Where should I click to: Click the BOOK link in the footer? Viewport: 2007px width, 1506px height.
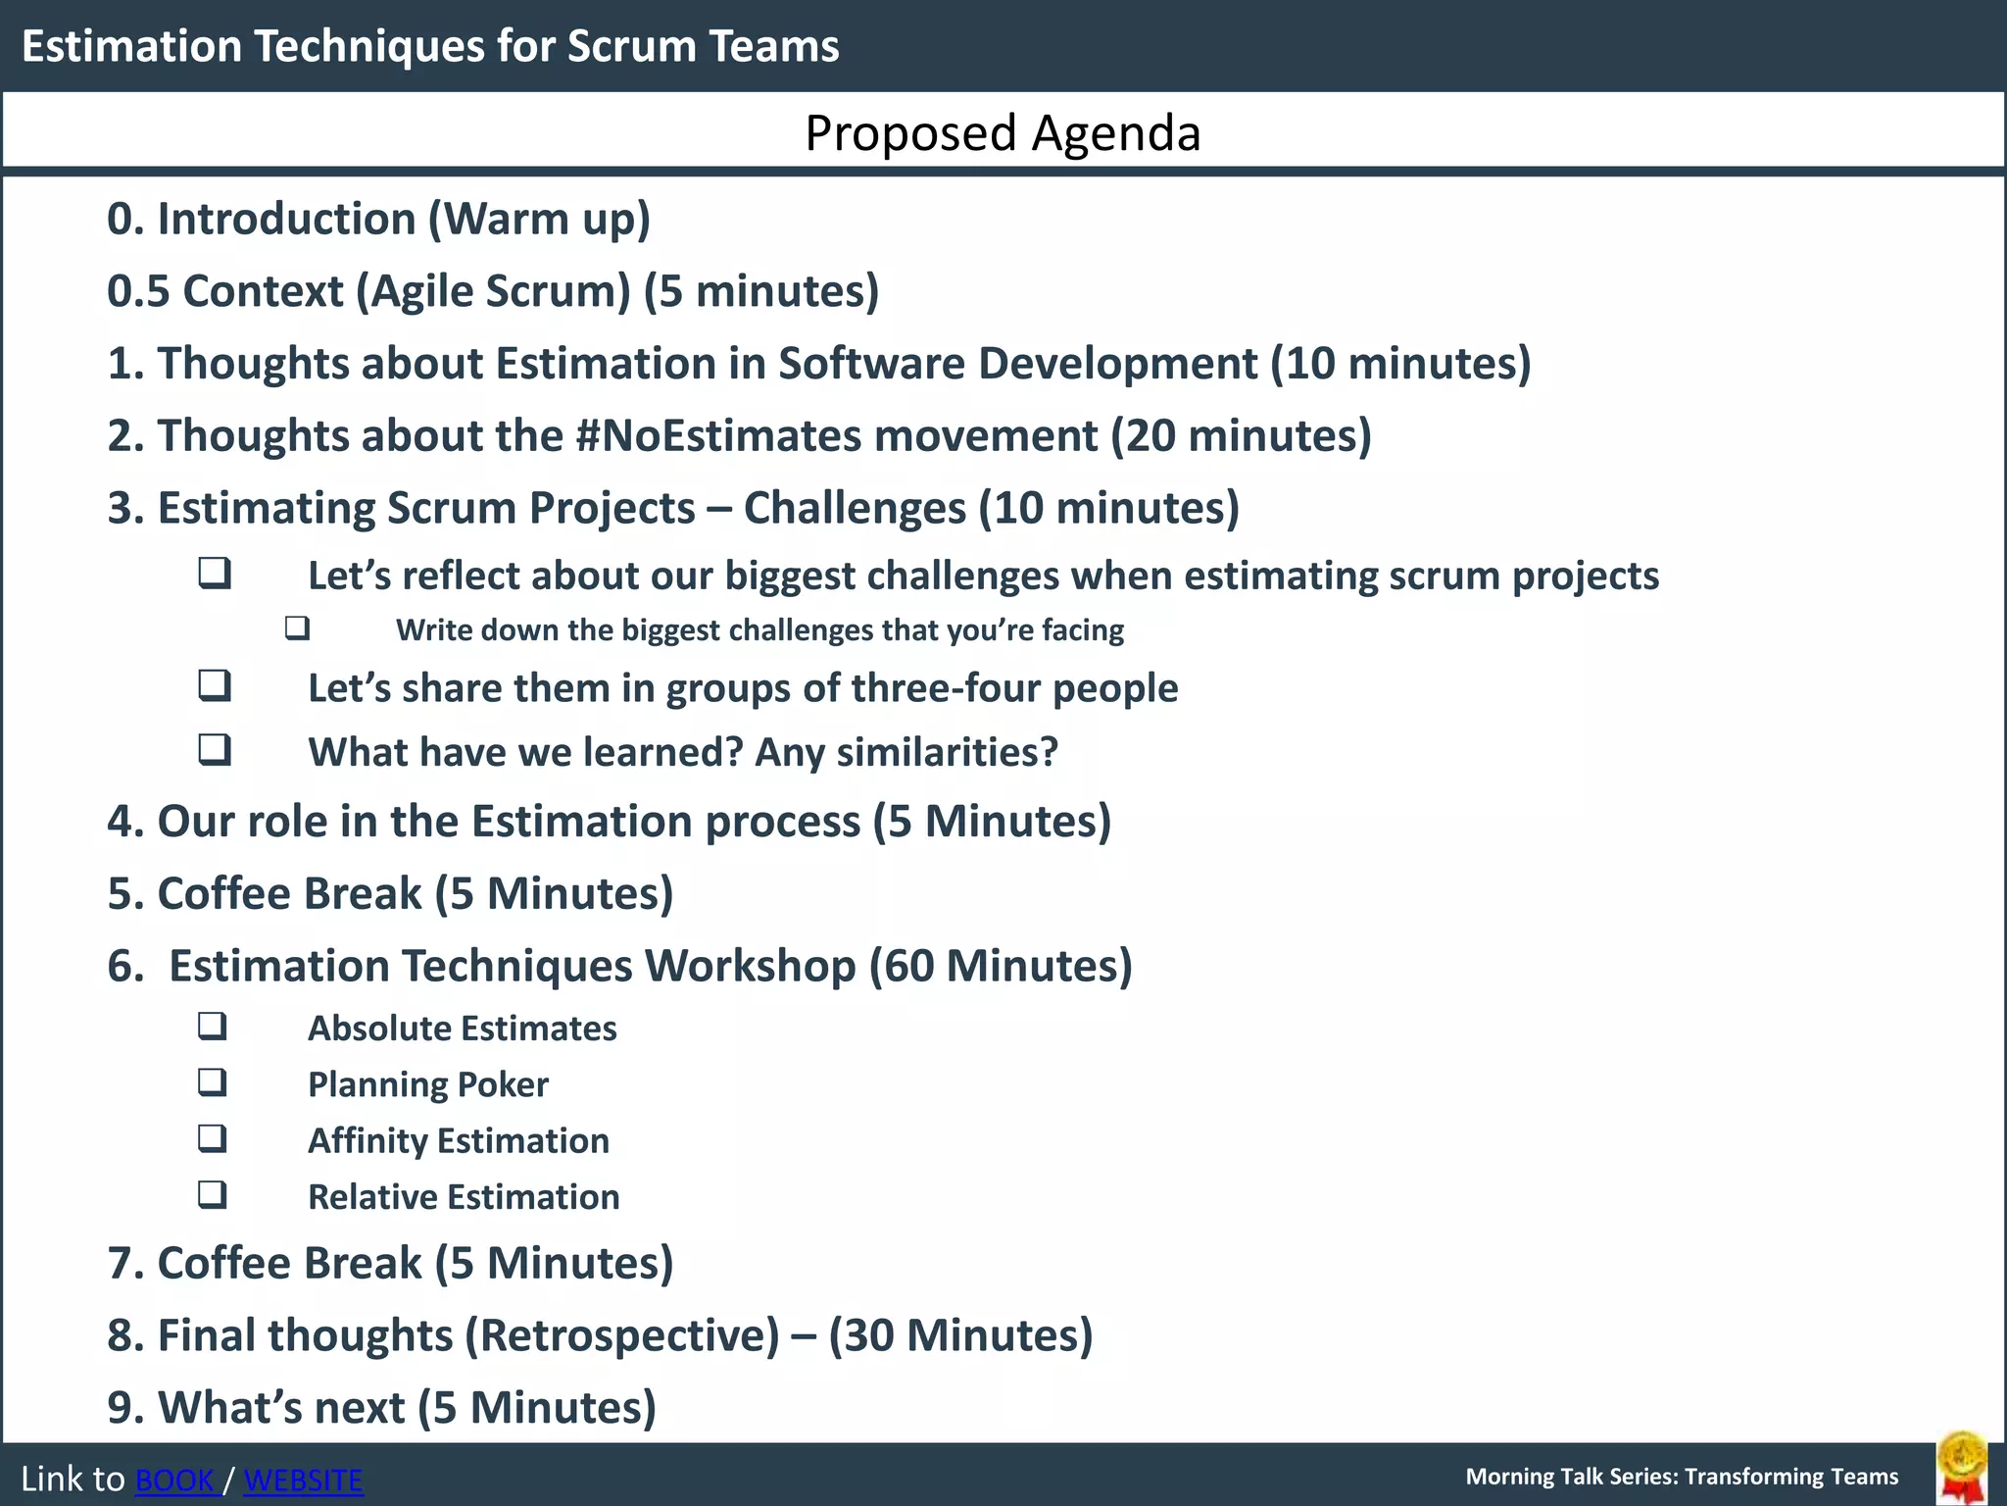click(x=174, y=1480)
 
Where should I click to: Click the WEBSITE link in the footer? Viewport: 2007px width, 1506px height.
click(x=303, y=1480)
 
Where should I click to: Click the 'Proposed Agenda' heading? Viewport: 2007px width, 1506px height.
click(x=1003, y=132)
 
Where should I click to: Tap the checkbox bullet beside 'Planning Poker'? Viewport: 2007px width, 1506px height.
click(x=213, y=1083)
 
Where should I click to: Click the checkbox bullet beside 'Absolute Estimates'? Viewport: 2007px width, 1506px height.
click(x=213, y=1027)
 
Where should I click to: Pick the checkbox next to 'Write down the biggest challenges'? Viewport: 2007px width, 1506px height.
click(x=298, y=628)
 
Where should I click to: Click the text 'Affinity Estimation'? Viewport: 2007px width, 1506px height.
click(x=458, y=1140)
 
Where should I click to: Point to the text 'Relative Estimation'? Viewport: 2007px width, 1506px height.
click(x=463, y=1197)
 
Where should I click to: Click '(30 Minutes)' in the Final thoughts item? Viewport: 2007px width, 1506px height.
click(x=960, y=1335)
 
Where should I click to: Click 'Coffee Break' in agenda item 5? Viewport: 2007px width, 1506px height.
click(x=289, y=893)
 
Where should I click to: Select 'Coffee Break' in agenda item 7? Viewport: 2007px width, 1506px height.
click(x=289, y=1263)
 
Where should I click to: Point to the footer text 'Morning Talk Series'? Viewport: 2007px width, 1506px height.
click(x=1570, y=1477)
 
